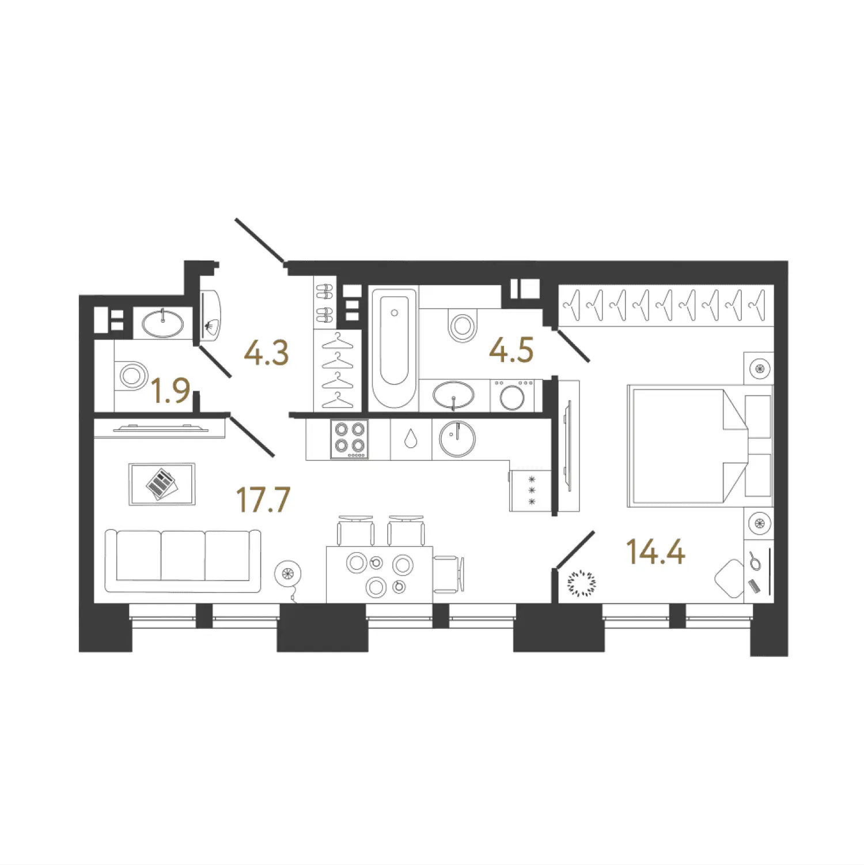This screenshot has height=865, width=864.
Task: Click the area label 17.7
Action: [x=263, y=499]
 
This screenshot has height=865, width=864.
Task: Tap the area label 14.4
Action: [x=655, y=552]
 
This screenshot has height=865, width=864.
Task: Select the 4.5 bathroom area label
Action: [x=511, y=350]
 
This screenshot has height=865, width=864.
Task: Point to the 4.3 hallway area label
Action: [x=266, y=352]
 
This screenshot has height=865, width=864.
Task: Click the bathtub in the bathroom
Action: [x=394, y=348]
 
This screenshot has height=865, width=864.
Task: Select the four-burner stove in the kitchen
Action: [x=349, y=439]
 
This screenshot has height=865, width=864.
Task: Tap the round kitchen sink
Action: [x=457, y=439]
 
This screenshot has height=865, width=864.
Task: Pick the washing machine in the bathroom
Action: [x=512, y=395]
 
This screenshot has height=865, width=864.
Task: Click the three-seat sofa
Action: [x=183, y=561]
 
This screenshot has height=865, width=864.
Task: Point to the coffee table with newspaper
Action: [x=162, y=484]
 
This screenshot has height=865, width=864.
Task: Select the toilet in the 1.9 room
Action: [x=131, y=376]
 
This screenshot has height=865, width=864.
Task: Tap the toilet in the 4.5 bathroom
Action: [x=462, y=326]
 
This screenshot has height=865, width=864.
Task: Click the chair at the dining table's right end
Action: [x=449, y=574]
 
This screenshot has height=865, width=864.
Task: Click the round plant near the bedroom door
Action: [x=582, y=583]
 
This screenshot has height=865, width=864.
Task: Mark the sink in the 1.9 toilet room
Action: [x=163, y=323]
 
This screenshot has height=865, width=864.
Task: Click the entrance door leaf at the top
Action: [x=260, y=241]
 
